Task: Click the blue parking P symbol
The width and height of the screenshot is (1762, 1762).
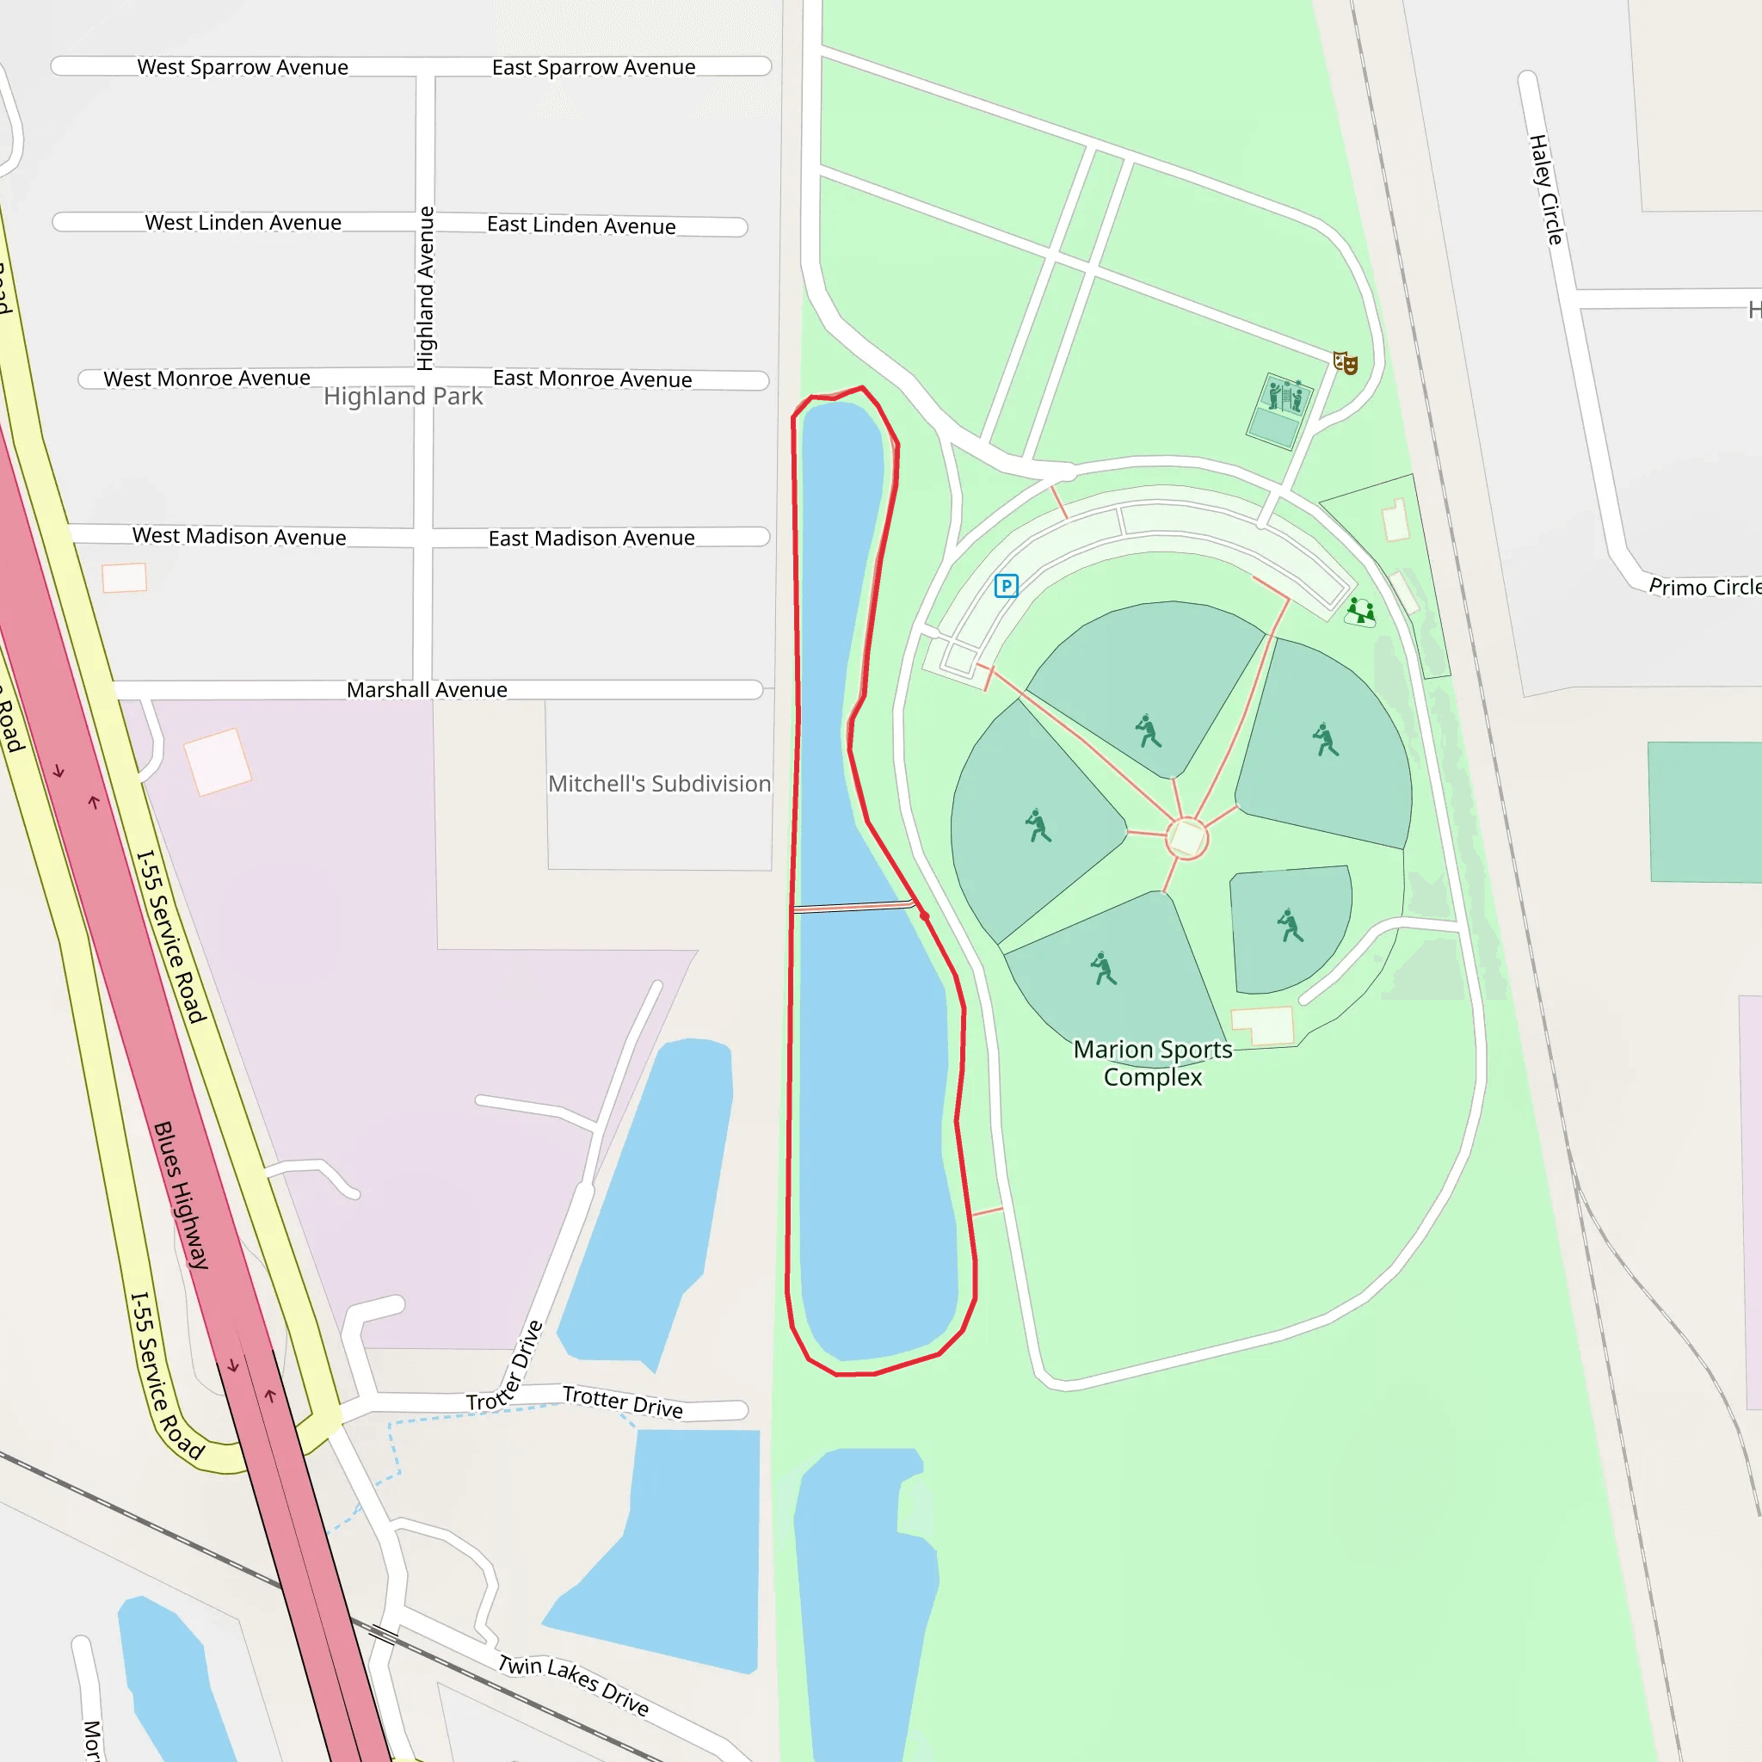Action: [x=1006, y=586]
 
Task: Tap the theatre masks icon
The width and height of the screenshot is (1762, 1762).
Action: [x=1346, y=363]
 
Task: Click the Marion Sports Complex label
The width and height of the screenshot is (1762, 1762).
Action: [x=1153, y=1063]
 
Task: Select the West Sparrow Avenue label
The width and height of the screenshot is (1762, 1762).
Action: [x=243, y=67]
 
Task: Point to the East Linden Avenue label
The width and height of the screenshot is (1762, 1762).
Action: [x=581, y=225]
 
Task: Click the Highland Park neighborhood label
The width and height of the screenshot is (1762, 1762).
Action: [x=404, y=397]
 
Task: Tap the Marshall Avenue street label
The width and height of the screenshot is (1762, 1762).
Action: [x=427, y=690]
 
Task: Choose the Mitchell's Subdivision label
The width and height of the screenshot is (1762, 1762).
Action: [x=659, y=785]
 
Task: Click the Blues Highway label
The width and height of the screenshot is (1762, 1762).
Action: [x=181, y=1195]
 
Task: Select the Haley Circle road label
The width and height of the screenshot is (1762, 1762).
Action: [x=1546, y=189]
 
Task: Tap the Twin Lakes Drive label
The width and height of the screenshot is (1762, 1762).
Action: [x=574, y=1685]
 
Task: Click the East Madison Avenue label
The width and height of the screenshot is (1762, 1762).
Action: [x=591, y=539]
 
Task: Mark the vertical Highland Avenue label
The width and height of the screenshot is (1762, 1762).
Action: [x=426, y=288]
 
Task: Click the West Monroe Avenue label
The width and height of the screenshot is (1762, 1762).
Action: [x=207, y=379]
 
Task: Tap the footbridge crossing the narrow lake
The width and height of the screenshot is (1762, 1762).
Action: [x=853, y=907]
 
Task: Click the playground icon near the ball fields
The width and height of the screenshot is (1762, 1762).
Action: [x=1361, y=611]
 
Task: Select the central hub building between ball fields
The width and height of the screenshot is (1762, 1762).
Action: [x=1186, y=838]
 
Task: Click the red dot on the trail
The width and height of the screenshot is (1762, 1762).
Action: [x=925, y=915]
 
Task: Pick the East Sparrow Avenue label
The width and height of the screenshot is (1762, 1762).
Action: [x=594, y=67]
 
